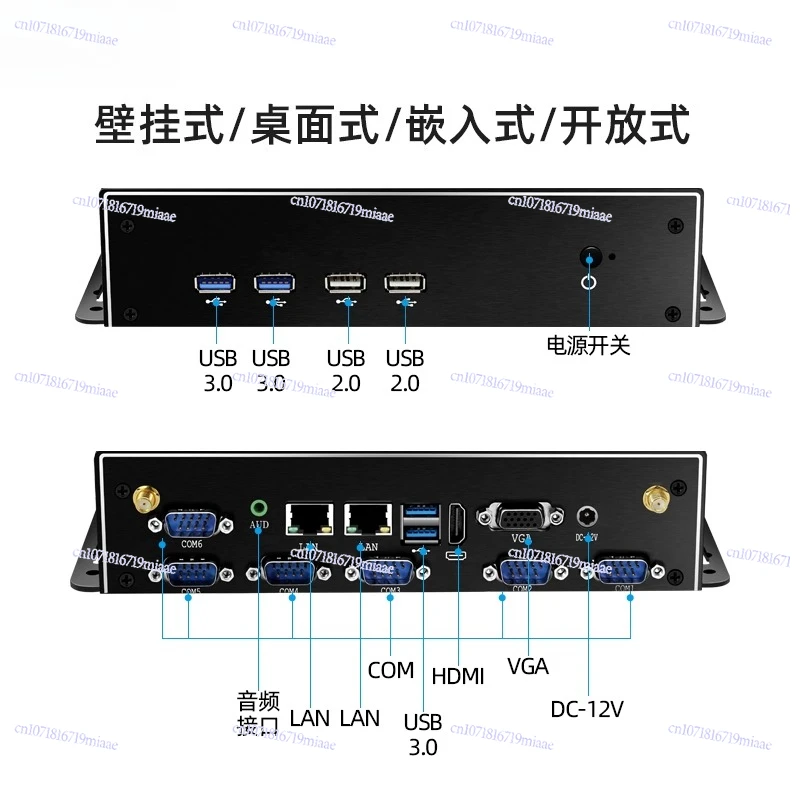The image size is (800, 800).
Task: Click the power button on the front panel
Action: point(589,260)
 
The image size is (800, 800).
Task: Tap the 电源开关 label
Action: point(588,346)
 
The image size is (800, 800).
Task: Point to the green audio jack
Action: point(260,506)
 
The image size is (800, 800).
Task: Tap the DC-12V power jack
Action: point(588,515)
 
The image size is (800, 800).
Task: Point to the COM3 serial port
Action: point(388,571)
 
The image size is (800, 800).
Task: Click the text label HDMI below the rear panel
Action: point(458,676)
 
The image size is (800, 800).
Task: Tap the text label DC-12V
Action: point(587,710)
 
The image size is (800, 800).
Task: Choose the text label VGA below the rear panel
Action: point(528,666)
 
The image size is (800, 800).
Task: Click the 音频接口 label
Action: point(258,714)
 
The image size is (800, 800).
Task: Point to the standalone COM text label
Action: point(390,670)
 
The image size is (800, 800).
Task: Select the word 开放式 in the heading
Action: point(625,127)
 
